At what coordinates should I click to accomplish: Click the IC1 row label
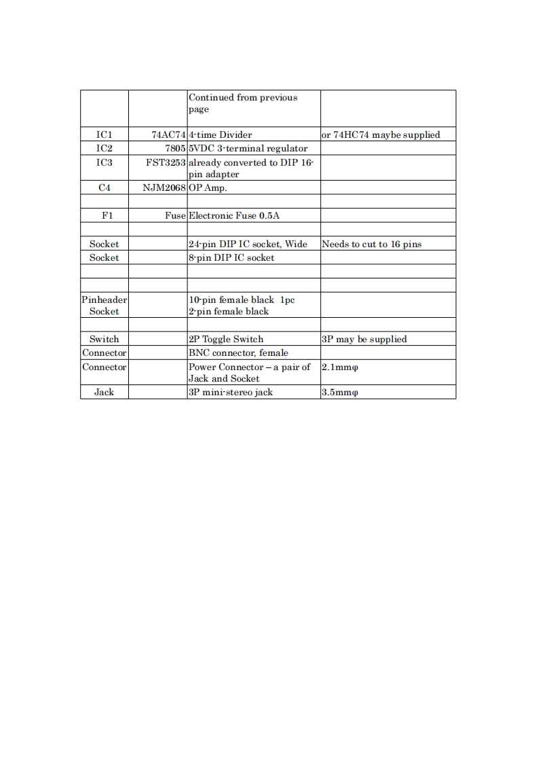click(104, 134)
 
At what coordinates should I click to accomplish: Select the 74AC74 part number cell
click(168, 134)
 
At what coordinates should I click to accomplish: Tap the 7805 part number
click(175, 148)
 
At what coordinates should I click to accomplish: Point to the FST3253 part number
click(166, 162)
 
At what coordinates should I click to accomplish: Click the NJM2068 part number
click(164, 187)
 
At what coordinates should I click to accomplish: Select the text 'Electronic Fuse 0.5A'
click(234, 215)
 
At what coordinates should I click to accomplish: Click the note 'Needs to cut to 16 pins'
click(372, 244)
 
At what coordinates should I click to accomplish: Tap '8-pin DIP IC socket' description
click(231, 257)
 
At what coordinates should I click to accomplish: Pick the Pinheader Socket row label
click(104, 305)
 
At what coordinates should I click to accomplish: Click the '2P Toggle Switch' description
click(226, 339)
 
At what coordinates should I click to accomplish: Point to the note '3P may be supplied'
click(364, 339)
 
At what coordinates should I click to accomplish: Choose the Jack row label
click(104, 392)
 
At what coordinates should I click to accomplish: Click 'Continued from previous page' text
click(243, 103)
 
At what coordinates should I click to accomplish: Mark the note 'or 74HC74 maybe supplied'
click(381, 134)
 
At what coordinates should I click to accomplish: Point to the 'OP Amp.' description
click(208, 187)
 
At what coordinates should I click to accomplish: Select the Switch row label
click(104, 339)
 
